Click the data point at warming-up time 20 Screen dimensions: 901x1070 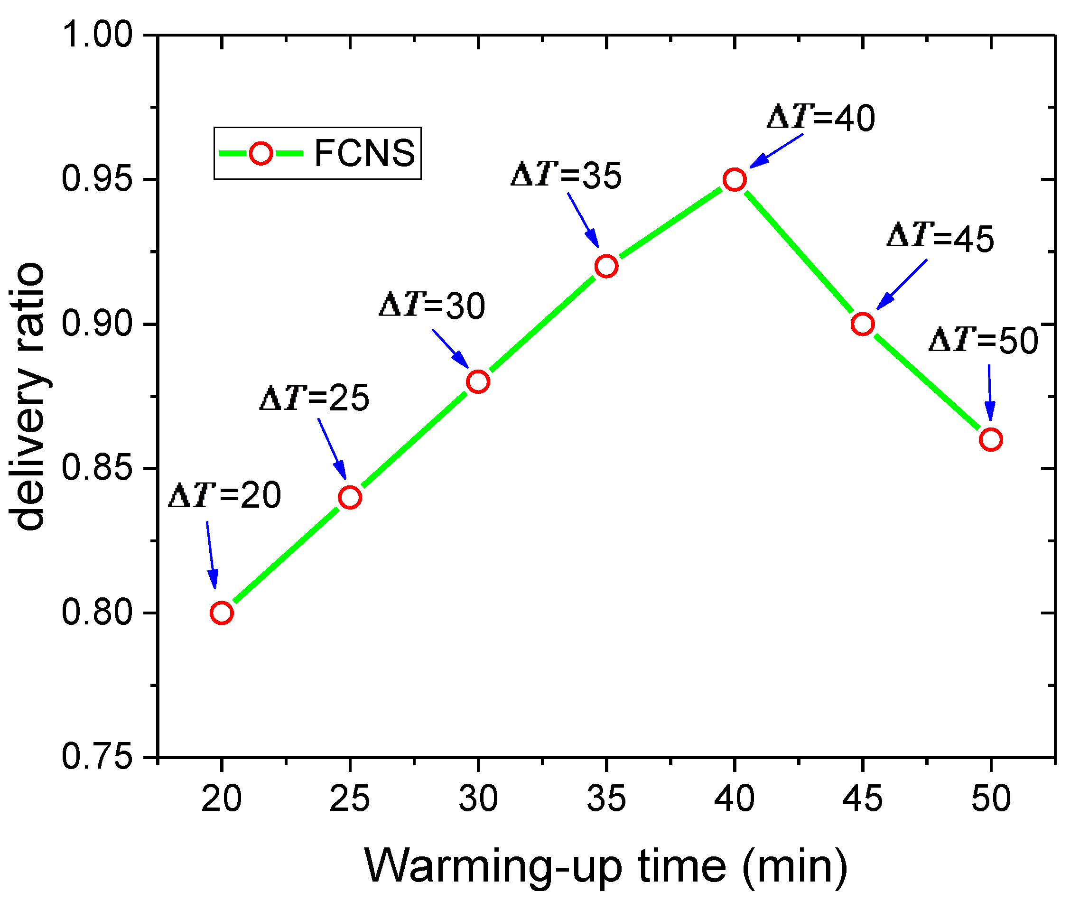point(221,613)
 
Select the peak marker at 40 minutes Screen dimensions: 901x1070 point(735,180)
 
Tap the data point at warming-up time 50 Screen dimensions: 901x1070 point(991,440)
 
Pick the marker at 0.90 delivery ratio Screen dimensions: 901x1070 point(863,325)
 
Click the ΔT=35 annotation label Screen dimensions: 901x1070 point(567,176)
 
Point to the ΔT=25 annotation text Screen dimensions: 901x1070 point(315,398)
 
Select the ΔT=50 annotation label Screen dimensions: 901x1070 point(983,341)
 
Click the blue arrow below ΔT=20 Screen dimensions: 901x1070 point(212,555)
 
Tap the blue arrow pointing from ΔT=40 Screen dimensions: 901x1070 point(776,151)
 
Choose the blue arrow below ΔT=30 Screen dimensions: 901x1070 point(450,348)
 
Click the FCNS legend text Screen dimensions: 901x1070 point(364,153)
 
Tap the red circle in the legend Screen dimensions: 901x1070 point(261,153)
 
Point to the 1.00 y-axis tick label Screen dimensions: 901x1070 point(97,35)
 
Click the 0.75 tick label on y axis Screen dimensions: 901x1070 point(97,757)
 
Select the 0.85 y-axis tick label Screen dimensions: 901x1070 point(97,468)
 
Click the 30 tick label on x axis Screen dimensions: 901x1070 point(478,799)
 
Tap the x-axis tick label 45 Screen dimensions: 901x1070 point(863,799)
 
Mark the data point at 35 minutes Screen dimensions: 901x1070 point(606,267)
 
